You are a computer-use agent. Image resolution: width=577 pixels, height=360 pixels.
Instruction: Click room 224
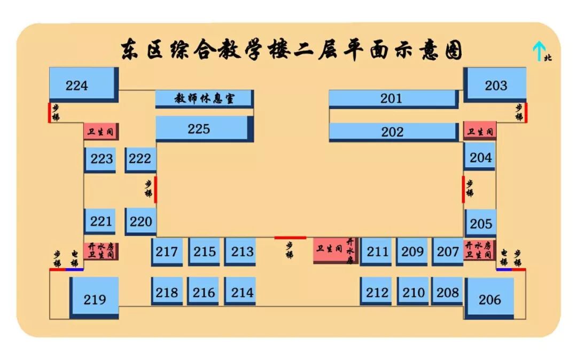[x=83, y=84]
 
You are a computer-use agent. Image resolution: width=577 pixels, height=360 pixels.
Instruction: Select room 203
[x=495, y=84]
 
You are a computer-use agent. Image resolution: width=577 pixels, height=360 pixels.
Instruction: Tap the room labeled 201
[x=392, y=99]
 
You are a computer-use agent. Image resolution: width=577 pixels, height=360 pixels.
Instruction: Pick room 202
[x=393, y=132]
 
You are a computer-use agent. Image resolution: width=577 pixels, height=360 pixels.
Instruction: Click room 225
[x=202, y=129]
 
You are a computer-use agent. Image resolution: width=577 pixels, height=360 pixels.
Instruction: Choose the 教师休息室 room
[x=204, y=99]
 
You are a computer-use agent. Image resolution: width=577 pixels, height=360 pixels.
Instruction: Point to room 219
[x=94, y=299]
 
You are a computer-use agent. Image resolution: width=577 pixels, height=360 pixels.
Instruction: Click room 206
[x=489, y=299]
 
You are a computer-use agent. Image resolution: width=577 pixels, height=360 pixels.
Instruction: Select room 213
[x=240, y=251]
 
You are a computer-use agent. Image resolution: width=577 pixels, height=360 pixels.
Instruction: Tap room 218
[x=167, y=292]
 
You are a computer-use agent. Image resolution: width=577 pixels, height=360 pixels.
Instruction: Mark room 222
[x=140, y=159]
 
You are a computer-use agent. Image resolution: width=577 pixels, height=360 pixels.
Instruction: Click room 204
[x=480, y=158]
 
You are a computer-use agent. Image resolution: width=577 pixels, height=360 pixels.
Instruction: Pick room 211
[x=376, y=251]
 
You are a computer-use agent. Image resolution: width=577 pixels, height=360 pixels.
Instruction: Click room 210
[x=412, y=292]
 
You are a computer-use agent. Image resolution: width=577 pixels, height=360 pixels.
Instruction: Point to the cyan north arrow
[x=538, y=51]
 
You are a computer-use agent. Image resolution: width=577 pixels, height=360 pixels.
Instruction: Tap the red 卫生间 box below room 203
[x=480, y=131]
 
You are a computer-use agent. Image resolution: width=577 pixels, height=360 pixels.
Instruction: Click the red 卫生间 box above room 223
[x=100, y=131]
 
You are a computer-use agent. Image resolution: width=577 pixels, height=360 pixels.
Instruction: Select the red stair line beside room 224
[x=50, y=112]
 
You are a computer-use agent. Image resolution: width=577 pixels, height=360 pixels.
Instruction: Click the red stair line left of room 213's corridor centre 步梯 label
[x=290, y=238]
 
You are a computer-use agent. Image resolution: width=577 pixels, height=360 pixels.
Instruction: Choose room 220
[x=141, y=221]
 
